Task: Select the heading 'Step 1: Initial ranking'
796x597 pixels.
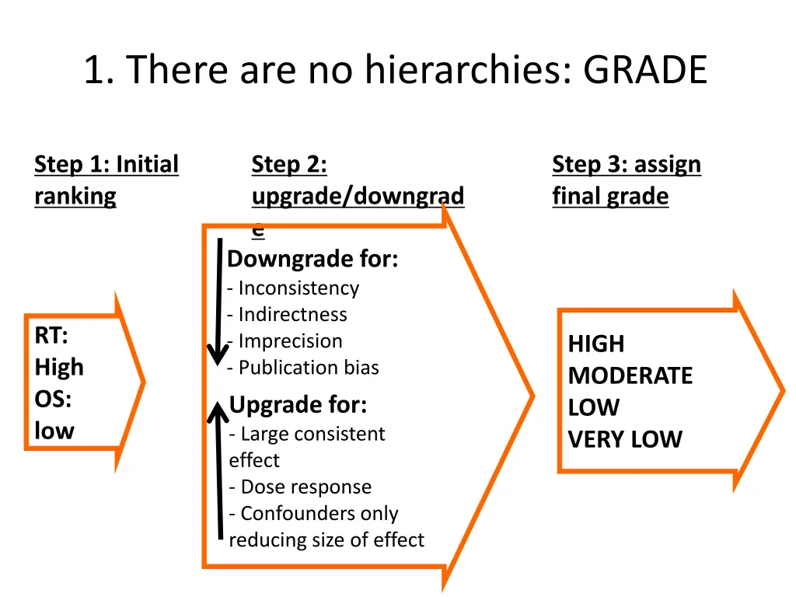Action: pos(106,180)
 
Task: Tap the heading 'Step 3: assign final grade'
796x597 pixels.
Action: pos(626,180)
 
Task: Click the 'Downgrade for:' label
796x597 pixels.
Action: pos(312,259)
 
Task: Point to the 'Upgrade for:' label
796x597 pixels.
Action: pos(298,405)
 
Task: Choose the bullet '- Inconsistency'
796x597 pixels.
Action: pos(293,288)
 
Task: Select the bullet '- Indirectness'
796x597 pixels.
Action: pos(287,315)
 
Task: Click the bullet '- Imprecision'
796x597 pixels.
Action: pos(285,341)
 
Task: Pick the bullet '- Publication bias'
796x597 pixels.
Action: pos(303,368)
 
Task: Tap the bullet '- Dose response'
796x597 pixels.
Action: pos(300,487)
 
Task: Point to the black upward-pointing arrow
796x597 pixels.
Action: pos(219,474)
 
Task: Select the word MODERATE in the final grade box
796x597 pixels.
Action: pos(630,376)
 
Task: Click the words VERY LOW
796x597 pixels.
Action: pos(624,440)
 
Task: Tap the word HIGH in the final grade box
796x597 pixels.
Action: pos(595,344)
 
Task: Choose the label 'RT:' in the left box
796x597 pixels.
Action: pos(51,336)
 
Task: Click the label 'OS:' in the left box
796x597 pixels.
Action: pos(52,400)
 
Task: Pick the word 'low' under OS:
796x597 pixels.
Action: pos(54,431)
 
